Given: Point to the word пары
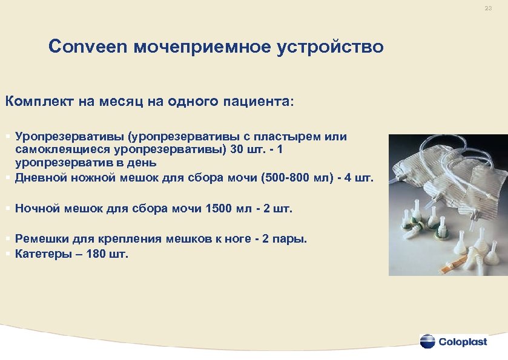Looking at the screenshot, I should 291,239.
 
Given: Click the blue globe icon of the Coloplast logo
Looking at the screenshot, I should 427,341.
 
